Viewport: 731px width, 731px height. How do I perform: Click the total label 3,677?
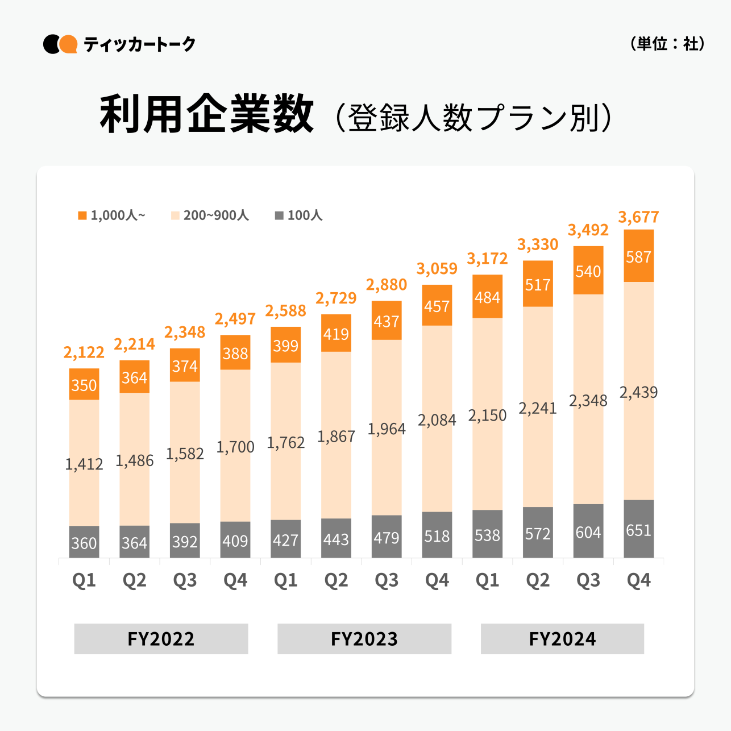pos(638,217)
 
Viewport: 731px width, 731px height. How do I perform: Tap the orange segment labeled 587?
pos(638,256)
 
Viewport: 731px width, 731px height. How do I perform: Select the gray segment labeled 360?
pos(84,542)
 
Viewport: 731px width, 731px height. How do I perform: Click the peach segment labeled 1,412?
pos(84,463)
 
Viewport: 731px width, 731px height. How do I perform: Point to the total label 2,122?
pos(84,352)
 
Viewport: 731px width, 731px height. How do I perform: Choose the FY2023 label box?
pos(364,639)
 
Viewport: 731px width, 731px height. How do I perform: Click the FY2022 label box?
pos(161,639)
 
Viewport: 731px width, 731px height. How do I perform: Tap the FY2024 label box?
pos(562,639)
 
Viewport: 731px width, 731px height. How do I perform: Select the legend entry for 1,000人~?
pos(112,215)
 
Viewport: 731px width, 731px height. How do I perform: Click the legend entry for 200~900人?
pos(210,215)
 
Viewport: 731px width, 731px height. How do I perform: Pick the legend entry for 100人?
pos(299,215)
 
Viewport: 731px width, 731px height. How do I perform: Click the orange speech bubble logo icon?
pos(68,44)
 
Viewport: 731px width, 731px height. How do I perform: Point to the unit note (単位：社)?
pos(667,44)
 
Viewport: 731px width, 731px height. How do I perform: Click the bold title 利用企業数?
pos(207,115)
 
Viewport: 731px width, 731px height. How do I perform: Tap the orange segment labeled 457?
pos(437,306)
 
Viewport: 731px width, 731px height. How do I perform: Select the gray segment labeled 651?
pos(638,529)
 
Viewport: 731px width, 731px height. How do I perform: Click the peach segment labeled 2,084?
pos(437,419)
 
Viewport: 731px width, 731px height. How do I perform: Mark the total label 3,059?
pos(437,268)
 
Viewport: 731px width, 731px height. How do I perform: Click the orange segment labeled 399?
pos(285,345)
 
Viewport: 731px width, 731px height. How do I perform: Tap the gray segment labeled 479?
pos(387,537)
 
